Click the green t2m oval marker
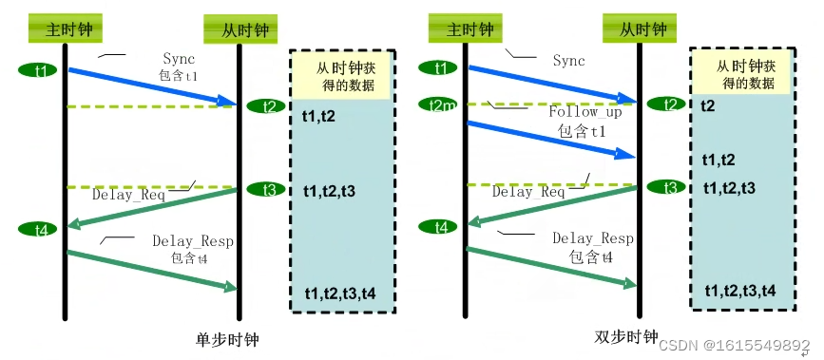[x=437, y=104]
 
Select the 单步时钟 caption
[x=227, y=339]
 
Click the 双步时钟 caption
[x=625, y=337]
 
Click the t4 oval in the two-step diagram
[x=441, y=227]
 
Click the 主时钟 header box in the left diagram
[x=65, y=28]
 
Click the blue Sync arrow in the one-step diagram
[x=152, y=85]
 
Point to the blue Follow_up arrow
[x=551, y=137]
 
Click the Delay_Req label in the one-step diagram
[x=128, y=196]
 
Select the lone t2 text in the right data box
[x=708, y=104]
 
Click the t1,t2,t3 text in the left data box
[x=329, y=191]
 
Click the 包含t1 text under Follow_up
[x=582, y=131]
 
